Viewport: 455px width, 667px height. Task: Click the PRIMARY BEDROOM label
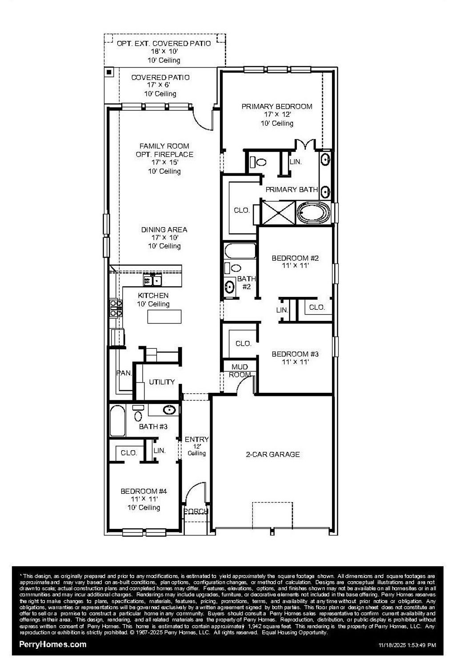pyautogui.click(x=277, y=107)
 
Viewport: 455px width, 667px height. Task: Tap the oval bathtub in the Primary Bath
pyautogui.click(x=313, y=213)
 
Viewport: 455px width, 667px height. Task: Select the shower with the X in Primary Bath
pyautogui.click(x=278, y=213)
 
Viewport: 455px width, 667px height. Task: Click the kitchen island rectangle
pyautogui.click(x=164, y=317)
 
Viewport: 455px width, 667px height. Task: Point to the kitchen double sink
pyautogui.click(x=152, y=280)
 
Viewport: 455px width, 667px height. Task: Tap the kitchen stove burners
pyautogui.click(x=116, y=308)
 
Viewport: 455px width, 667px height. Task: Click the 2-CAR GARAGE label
pyautogui.click(x=273, y=454)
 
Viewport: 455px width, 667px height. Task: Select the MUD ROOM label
pyautogui.click(x=240, y=371)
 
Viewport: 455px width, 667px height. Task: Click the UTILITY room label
pyautogui.click(x=162, y=382)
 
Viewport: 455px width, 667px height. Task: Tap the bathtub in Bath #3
pyautogui.click(x=117, y=420)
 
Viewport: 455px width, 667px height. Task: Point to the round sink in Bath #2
pyautogui.click(x=230, y=286)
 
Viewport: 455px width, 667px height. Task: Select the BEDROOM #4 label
pyautogui.click(x=144, y=491)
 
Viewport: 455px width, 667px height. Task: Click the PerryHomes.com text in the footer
pyautogui.click(x=53, y=644)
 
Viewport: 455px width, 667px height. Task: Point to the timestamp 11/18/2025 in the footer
pyautogui.click(x=407, y=645)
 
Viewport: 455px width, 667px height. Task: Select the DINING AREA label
pyautogui.click(x=164, y=230)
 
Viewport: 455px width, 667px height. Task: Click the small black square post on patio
pyautogui.click(x=109, y=72)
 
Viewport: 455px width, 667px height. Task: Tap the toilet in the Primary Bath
pyautogui.click(x=260, y=162)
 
